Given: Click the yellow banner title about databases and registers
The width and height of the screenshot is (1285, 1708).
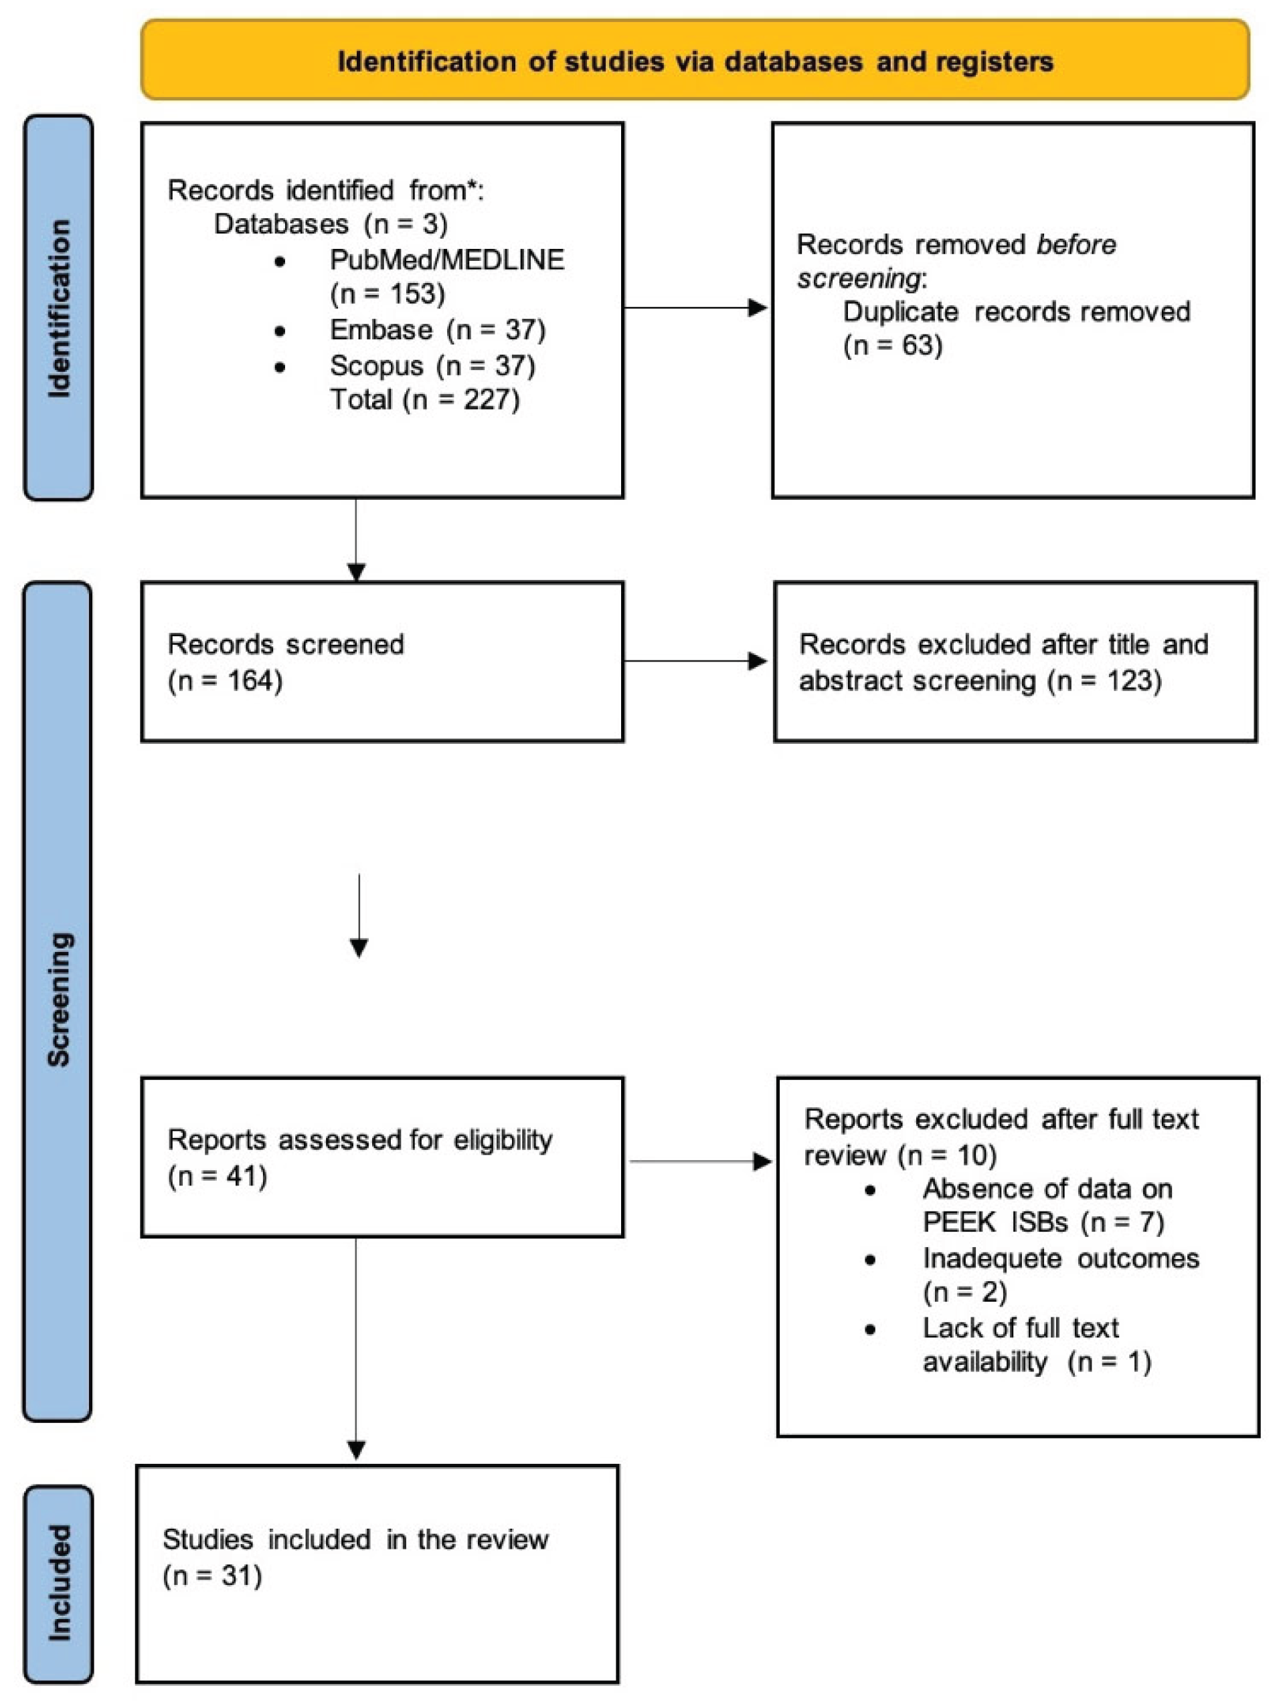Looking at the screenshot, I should pyautogui.click(x=694, y=62).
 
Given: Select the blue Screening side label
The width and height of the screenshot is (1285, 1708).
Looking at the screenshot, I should pyautogui.click(x=59, y=1000).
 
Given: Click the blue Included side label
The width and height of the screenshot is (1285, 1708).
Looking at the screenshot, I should pyautogui.click(x=59, y=1583).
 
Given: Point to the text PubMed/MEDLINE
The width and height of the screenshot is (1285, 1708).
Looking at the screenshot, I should pyautogui.click(x=446, y=260).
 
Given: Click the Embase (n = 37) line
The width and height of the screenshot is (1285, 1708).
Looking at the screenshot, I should pyautogui.click(x=437, y=330).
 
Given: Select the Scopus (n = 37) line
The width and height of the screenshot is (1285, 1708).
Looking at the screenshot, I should pyautogui.click(x=432, y=365).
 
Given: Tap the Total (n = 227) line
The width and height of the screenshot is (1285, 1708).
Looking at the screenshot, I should pyautogui.click(x=425, y=399).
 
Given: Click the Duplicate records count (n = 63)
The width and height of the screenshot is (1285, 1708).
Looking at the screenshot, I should pyautogui.click(x=893, y=345).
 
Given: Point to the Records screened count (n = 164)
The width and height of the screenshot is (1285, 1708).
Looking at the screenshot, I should pyautogui.click(x=225, y=680).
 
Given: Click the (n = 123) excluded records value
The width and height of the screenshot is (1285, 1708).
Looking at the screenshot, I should pyautogui.click(x=1104, y=680).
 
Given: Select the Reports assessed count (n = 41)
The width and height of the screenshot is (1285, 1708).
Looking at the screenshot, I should pyautogui.click(x=217, y=1176).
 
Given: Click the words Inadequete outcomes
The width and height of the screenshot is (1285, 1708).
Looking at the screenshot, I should pyautogui.click(x=1060, y=1258).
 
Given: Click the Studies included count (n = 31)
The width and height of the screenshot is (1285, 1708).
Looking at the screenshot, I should pyautogui.click(x=212, y=1575).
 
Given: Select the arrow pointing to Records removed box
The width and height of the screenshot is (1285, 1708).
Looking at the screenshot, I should pyautogui.click(x=695, y=308).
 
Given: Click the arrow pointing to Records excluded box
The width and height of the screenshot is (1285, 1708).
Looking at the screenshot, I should pyautogui.click(x=695, y=661).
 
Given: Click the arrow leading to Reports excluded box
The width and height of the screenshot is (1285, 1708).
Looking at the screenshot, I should pyautogui.click(x=699, y=1161).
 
